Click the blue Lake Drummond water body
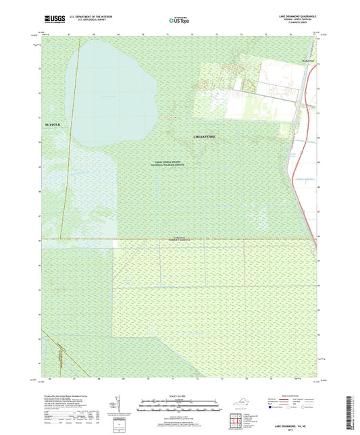tap(111, 88)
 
